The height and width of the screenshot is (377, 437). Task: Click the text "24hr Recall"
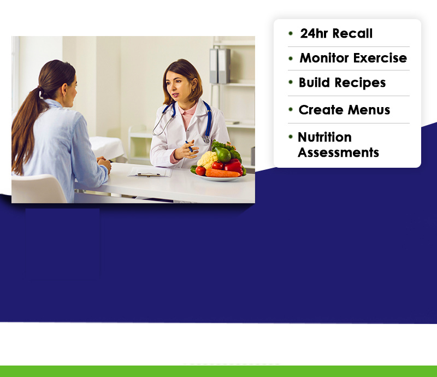336,33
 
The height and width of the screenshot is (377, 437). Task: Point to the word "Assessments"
338,152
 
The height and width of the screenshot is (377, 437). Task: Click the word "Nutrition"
324,137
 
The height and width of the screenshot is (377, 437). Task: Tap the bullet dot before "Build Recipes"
291,83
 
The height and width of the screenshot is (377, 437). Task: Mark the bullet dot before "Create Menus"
291,109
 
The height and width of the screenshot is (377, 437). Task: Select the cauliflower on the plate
208,160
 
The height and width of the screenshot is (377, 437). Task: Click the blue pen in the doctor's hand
188,146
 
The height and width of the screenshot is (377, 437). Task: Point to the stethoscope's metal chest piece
206,139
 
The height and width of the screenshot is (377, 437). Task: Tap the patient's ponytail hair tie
40,90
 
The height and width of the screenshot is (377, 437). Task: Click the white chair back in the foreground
38,189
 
